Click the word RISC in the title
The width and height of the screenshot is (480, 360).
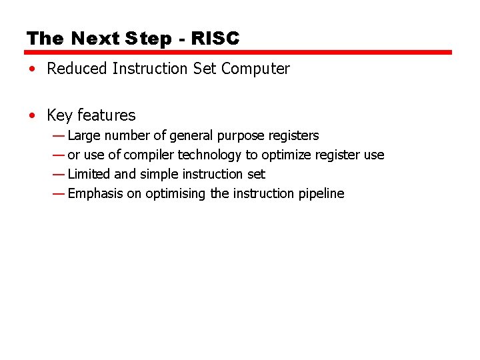click(x=215, y=39)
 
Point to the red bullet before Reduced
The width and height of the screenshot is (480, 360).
click(x=32, y=69)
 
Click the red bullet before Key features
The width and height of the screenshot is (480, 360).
click(x=32, y=116)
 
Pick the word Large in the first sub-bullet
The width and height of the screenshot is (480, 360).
click(x=84, y=135)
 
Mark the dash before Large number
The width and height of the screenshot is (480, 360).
click(x=59, y=135)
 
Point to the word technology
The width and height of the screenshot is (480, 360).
click(x=209, y=155)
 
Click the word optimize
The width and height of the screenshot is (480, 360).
click(x=285, y=155)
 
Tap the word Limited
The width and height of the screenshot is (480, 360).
click(x=89, y=174)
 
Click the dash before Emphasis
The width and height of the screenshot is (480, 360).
click(x=59, y=193)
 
